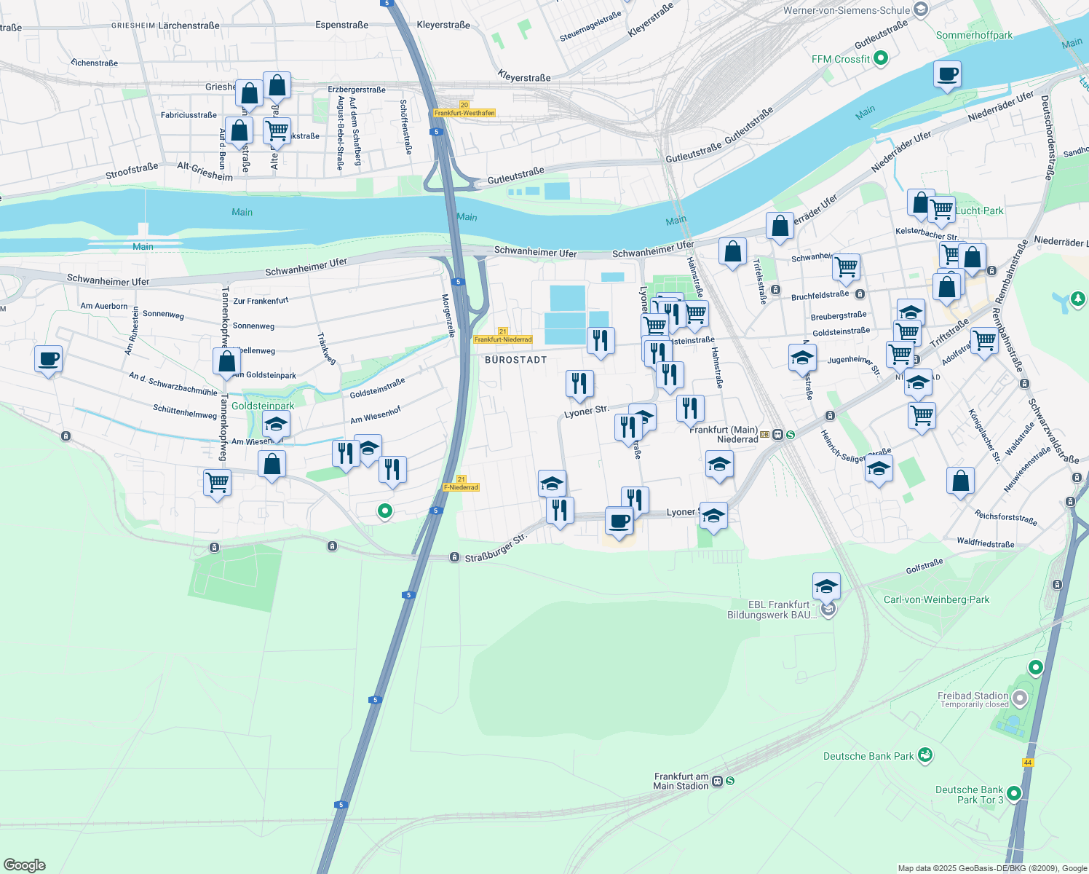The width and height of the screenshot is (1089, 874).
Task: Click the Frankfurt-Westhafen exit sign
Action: click(x=464, y=113)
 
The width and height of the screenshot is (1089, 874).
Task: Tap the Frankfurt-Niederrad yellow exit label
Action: click(x=502, y=339)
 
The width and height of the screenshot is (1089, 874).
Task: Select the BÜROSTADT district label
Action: click(x=515, y=360)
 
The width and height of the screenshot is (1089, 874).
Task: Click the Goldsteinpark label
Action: click(x=263, y=406)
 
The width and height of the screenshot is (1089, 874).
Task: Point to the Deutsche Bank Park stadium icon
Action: click(x=924, y=755)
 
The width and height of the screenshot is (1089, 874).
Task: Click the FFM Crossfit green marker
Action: click(x=880, y=58)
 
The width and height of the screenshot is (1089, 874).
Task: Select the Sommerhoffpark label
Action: click(x=974, y=35)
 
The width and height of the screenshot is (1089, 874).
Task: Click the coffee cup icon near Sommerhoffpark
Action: click(x=947, y=74)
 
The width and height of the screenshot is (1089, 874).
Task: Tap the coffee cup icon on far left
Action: click(x=48, y=359)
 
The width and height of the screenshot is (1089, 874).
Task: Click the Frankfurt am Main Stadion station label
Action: click(x=681, y=781)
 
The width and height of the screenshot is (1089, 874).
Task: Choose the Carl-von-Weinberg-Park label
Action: click(x=936, y=599)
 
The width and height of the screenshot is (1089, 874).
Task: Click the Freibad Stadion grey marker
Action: click(x=1020, y=698)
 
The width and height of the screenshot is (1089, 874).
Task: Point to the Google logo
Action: click(x=24, y=865)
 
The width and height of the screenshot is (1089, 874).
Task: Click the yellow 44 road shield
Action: click(x=1027, y=763)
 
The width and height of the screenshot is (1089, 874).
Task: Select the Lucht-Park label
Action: click(x=979, y=210)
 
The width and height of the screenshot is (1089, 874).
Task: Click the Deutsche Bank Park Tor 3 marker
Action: click(x=1014, y=794)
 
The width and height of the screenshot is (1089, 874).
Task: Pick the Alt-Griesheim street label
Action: click(x=205, y=171)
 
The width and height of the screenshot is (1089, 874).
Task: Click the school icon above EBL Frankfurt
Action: click(x=826, y=586)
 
